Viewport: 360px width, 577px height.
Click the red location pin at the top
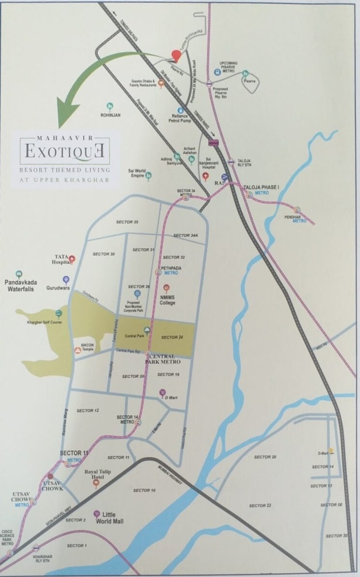point(177,56)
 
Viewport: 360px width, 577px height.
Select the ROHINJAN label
point(110,115)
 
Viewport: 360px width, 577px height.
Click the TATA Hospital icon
point(72,259)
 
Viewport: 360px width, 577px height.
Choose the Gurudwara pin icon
point(66,279)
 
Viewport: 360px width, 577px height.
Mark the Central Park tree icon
point(146,330)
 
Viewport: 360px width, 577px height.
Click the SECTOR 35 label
point(127,222)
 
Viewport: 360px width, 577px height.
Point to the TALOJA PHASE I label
point(261,186)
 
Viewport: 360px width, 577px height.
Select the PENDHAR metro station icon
point(297,211)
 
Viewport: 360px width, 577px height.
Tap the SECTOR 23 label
point(260,505)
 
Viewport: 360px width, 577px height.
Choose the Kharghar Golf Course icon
point(59,313)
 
